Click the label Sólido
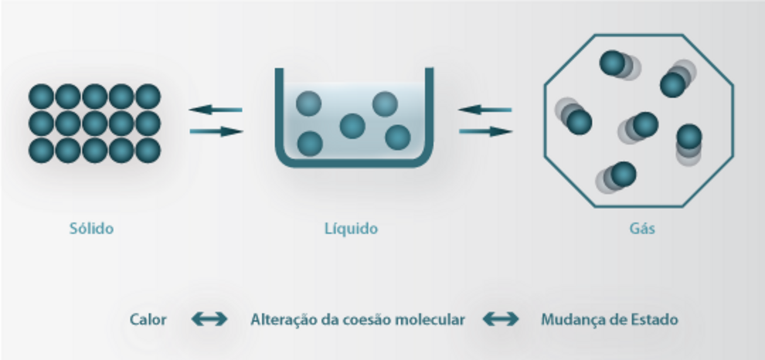pyautogui.click(x=91, y=228)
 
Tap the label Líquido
pyautogui.click(x=351, y=228)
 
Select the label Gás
pyautogui.click(x=642, y=228)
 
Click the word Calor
pyautogui.click(x=148, y=320)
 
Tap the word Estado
pyautogui.click(x=653, y=320)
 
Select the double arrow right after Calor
pyautogui.click(x=210, y=320)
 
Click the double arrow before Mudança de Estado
pyautogui.click(x=501, y=320)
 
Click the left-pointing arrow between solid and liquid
pyautogui.click(x=215, y=110)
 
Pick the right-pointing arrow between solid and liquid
pyautogui.click(x=217, y=131)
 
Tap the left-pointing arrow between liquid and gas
pyautogui.click(x=484, y=110)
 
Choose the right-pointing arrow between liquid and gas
pyautogui.click(x=486, y=131)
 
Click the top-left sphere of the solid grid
pyautogui.click(x=41, y=96)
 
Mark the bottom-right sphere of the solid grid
pyautogui.click(x=148, y=150)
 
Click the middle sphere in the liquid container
pyautogui.click(x=352, y=126)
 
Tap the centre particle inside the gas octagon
pyautogui.click(x=645, y=124)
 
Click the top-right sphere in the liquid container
pyautogui.click(x=385, y=103)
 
